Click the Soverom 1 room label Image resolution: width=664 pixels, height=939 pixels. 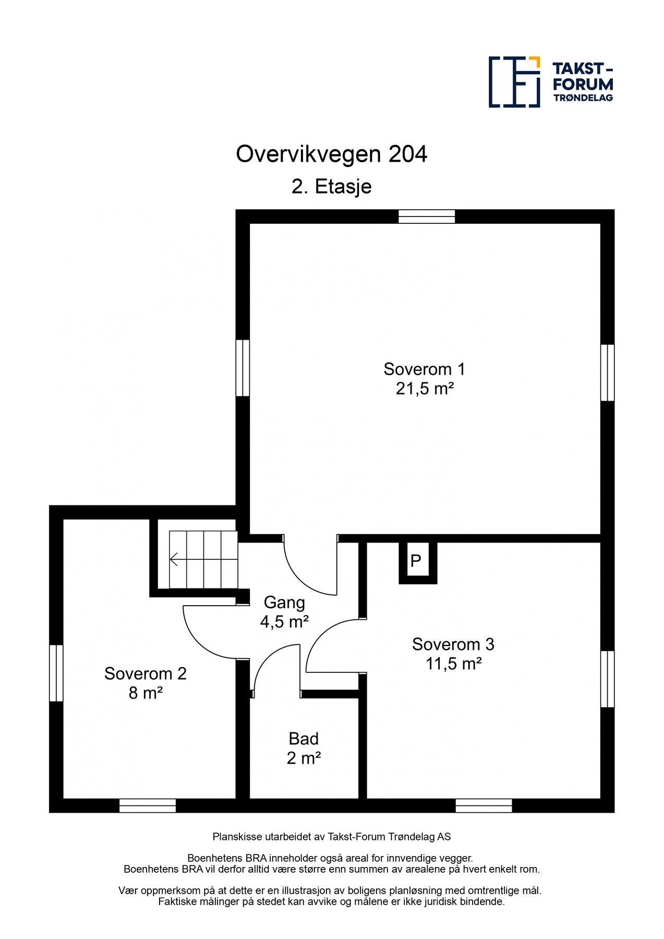pyautogui.click(x=424, y=369)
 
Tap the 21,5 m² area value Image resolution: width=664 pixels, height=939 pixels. pyautogui.click(x=424, y=389)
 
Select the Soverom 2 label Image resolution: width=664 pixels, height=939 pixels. pyautogui.click(x=145, y=673)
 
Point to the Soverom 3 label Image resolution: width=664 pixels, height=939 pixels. pyautogui.click(x=453, y=644)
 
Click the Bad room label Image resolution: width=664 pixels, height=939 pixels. pyautogui.click(x=304, y=739)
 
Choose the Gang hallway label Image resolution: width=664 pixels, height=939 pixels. pyautogui.click(x=284, y=603)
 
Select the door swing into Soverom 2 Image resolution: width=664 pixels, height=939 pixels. pyautogui.click(x=201, y=639)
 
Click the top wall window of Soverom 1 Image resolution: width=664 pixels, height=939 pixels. pyautogui.click(x=427, y=216)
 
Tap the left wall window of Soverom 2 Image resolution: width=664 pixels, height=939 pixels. pyautogui.click(x=56, y=673)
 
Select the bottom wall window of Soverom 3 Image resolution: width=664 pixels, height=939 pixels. pyautogui.click(x=484, y=805)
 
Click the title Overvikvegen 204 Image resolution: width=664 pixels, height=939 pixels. pyautogui.click(x=332, y=154)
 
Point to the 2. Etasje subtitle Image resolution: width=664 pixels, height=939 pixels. pyautogui.click(x=332, y=187)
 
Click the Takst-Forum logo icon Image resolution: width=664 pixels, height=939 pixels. pyautogui.click(x=514, y=82)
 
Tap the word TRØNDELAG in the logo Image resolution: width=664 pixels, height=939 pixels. pyautogui.click(x=583, y=98)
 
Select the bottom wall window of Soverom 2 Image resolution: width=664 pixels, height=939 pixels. pyautogui.click(x=148, y=805)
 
